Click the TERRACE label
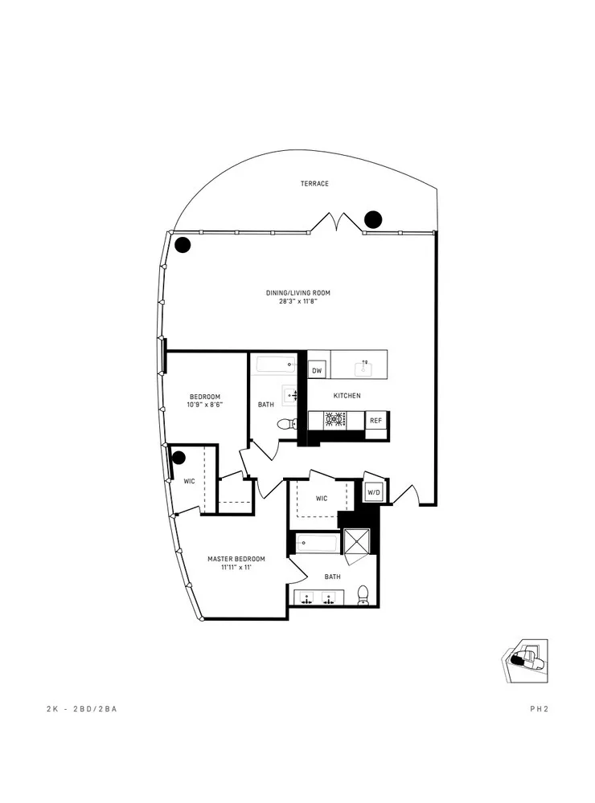coord(314,184)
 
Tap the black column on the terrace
coord(373,218)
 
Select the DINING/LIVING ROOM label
coord(298,293)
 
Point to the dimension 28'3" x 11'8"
coord(298,303)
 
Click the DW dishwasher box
coord(317,371)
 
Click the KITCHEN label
coord(347,396)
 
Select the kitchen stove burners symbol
coord(335,420)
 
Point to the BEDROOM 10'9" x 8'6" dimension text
coord(205,406)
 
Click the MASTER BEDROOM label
coord(236,559)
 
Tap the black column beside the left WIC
coord(178,458)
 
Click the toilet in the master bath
coord(363,594)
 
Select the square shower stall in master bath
coord(356,542)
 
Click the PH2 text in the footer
coord(539,709)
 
